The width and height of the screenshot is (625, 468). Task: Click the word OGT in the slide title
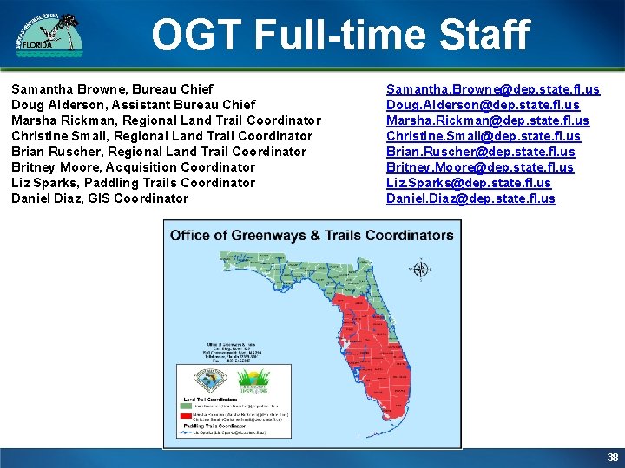click(196, 36)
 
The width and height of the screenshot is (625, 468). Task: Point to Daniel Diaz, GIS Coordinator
click(100, 198)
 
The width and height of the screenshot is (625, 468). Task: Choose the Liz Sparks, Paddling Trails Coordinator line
click(133, 183)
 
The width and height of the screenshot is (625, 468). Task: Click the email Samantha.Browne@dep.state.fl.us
click(492, 89)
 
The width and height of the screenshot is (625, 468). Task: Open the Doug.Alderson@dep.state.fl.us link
click(483, 105)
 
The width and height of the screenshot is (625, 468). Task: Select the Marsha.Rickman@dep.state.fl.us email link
click(487, 120)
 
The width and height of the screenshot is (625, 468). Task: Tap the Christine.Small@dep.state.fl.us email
click(484, 136)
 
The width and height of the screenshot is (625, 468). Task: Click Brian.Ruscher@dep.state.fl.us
click(480, 152)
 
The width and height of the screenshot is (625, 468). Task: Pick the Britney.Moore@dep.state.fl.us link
click(479, 167)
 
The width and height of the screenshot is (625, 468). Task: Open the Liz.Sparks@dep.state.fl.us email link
click(468, 183)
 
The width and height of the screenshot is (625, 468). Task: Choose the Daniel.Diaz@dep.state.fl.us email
click(470, 198)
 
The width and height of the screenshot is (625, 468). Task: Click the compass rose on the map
click(420, 269)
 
